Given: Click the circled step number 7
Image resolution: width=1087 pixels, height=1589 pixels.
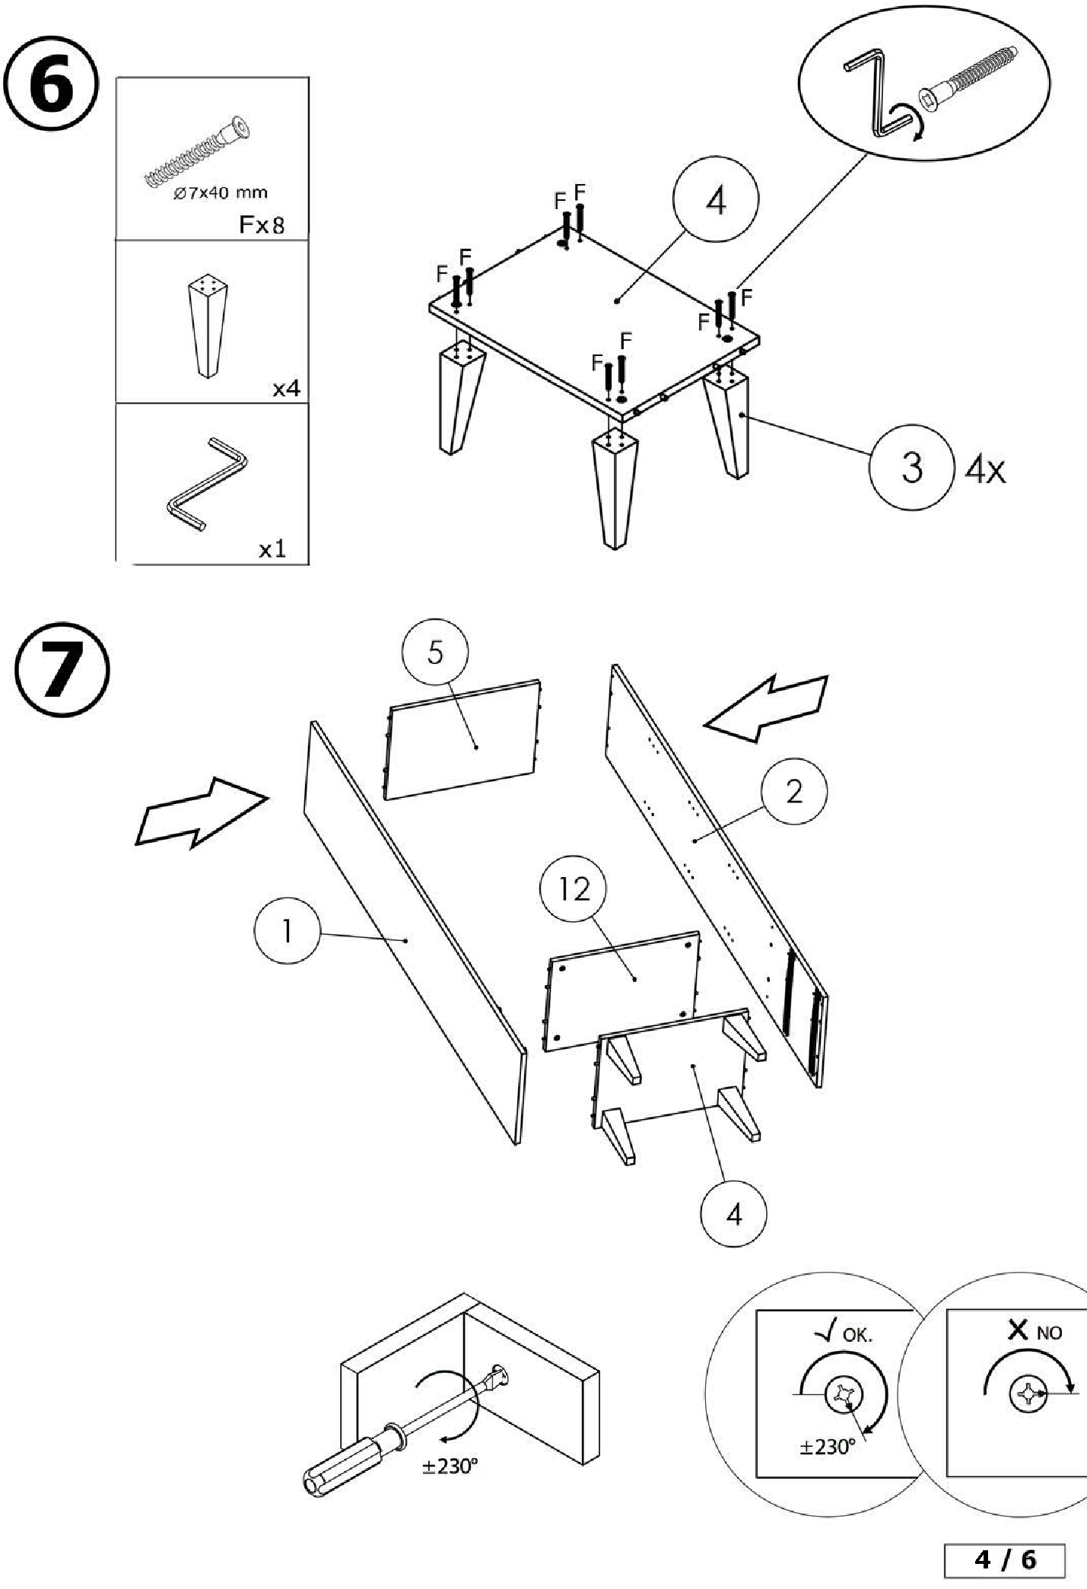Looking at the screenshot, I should click(62, 669).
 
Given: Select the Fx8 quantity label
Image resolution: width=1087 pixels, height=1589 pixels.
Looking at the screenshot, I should click(262, 224).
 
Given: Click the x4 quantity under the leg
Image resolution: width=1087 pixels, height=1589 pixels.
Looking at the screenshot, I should click(286, 389).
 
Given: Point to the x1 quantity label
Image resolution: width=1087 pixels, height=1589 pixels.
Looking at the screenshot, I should click(272, 548).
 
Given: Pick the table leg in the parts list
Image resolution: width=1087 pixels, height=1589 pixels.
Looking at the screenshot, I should click(206, 325).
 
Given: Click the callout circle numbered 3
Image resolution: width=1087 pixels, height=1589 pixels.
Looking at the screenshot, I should click(911, 466).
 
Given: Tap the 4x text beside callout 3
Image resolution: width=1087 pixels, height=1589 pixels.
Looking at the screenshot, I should click(985, 470).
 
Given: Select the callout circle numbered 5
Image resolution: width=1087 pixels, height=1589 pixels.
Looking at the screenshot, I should click(435, 653).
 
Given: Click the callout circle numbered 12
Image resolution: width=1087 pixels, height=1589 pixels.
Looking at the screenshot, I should click(574, 888).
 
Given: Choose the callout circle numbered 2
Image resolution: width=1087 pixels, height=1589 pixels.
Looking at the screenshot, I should click(794, 792).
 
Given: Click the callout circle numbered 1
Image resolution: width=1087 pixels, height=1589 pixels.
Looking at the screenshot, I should click(287, 931).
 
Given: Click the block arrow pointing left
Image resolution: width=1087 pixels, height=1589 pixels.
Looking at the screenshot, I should click(768, 707).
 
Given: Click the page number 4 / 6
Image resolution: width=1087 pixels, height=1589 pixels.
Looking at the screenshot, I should click(1005, 1560).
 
